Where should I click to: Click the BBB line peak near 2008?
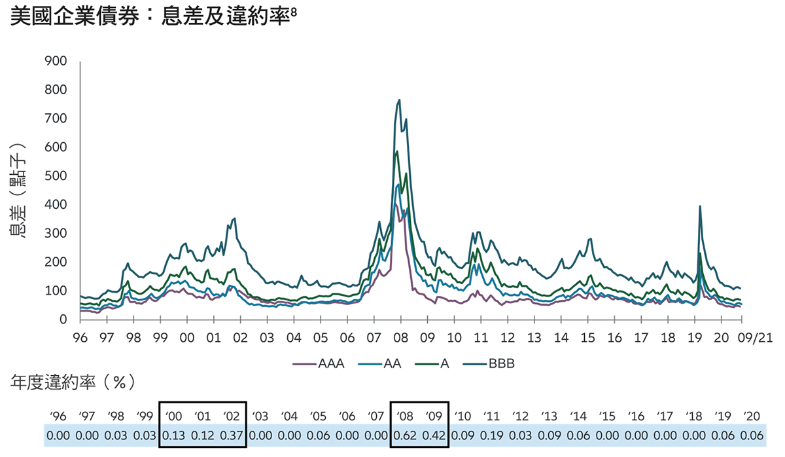[x=399, y=100]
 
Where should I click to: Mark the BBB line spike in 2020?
[x=700, y=206]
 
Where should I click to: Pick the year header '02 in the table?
[x=232, y=415]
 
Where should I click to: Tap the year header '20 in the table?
[x=752, y=415]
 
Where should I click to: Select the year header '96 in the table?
[x=58, y=415]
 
